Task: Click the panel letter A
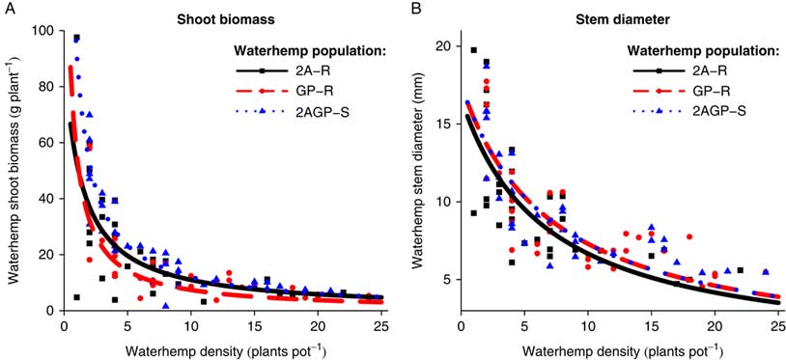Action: click(9, 9)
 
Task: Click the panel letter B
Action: click(416, 9)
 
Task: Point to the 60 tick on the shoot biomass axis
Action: click(44, 142)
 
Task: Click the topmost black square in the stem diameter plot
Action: click(473, 49)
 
